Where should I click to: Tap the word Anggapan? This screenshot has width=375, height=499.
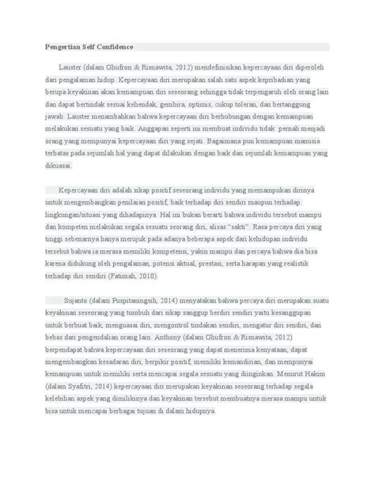pyautogui.click(x=157, y=127)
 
